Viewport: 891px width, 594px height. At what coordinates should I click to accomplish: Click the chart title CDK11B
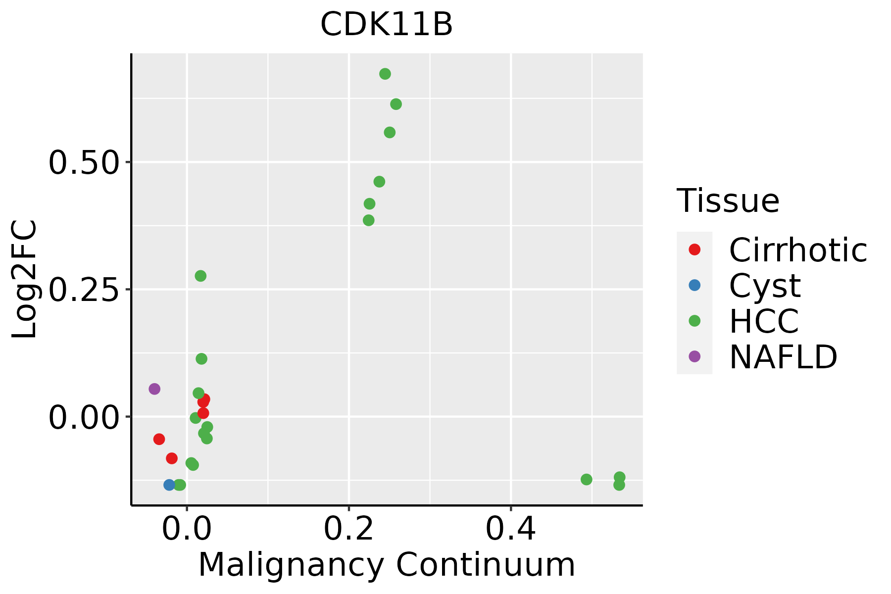pos(387,25)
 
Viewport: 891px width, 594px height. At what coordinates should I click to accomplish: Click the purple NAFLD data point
pos(154,389)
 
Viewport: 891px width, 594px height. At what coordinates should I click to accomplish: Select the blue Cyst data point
pos(169,485)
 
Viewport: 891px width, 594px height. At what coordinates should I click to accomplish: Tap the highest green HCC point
pos(385,74)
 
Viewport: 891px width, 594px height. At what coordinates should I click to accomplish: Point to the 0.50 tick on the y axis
pos(84,163)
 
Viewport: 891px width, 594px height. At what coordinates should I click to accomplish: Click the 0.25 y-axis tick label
pos(84,290)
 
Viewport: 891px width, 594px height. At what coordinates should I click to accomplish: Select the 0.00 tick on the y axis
pos(84,417)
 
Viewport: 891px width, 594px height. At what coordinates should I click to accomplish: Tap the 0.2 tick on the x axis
pos(348,530)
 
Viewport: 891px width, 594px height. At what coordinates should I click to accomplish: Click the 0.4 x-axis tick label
pos(510,530)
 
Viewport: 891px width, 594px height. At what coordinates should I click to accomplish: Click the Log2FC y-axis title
pos(25,280)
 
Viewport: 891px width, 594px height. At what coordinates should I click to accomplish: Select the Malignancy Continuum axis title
pos(387,565)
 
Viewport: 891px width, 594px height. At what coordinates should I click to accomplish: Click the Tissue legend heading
pos(728,201)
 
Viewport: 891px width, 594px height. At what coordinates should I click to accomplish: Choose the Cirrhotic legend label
pos(797,250)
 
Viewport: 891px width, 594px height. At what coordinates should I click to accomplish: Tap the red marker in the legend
pos(694,249)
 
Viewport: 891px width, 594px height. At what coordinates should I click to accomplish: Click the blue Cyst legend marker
pos(694,285)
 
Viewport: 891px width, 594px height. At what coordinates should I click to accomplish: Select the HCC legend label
pos(764,321)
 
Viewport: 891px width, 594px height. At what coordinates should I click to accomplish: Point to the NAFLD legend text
pos(783,357)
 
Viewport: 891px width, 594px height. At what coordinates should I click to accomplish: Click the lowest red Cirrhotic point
pos(172,458)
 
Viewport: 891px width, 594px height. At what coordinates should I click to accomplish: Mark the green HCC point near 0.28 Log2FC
pos(200,276)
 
